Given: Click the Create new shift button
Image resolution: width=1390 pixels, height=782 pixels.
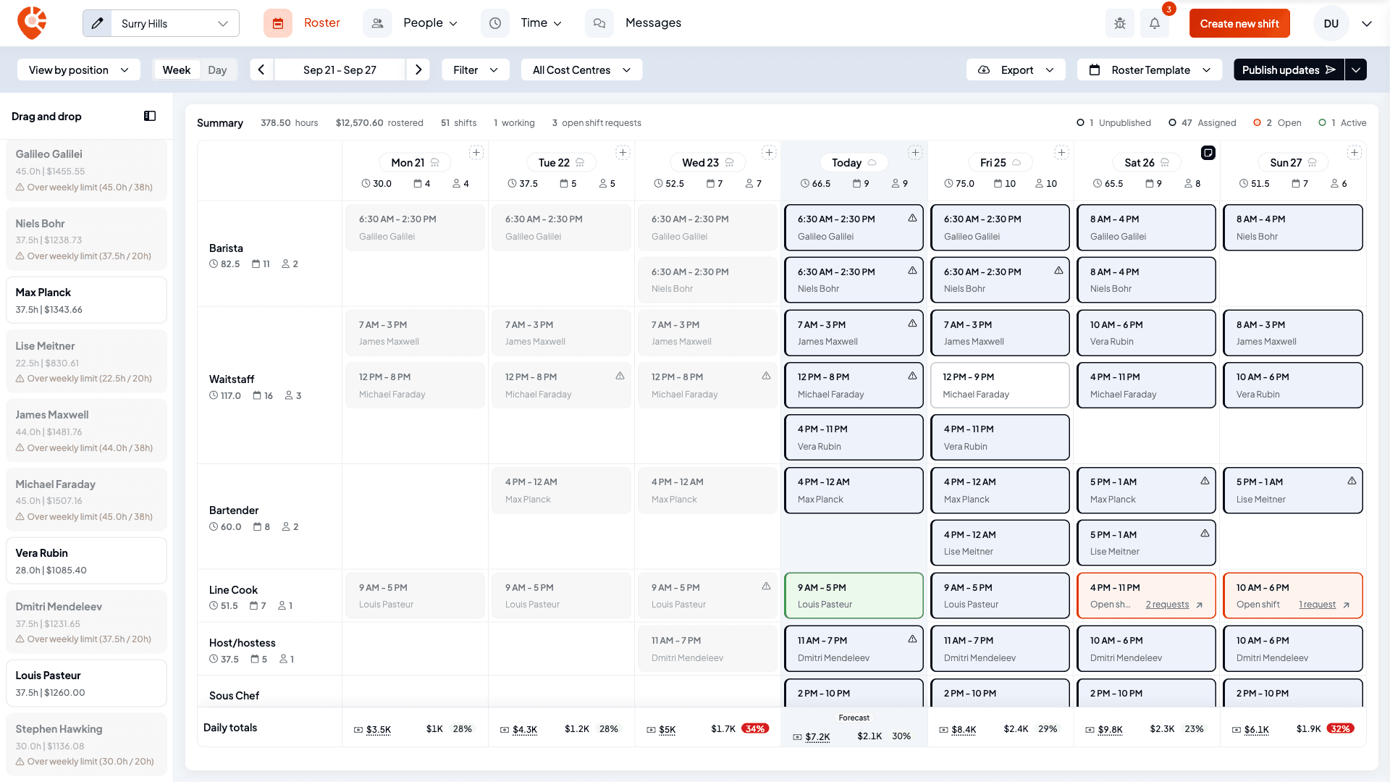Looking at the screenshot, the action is pyautogui.click(x=1239, y=23).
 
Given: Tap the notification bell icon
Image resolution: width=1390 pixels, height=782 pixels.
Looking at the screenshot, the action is pyautogui.click(x=1155, y=23).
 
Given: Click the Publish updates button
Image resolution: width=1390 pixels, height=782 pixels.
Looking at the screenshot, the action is pyautogui.click(x=1289, y=70).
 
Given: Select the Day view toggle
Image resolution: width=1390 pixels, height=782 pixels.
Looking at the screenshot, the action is pyautogui.click(x=217, y=70).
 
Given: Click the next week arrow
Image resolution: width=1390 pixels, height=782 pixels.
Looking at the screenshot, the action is pyautogui.click(x=418, y=70).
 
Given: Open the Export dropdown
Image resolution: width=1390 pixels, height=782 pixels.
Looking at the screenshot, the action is pyautogui.click(x=1016, y=70).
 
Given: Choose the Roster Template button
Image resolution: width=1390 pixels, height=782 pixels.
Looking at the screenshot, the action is pyautogui.click(x=1150, y=70).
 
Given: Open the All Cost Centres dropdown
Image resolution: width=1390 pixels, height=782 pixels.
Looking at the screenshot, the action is pyautogui.click(x=581, y=70).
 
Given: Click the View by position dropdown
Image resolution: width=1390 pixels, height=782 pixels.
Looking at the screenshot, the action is pyautogui.click(x=78, y=70).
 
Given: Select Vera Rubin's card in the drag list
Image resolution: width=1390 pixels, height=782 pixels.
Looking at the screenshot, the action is pyautogui.click(x=86, y=560).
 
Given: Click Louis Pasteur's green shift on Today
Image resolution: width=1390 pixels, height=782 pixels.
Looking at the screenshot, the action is pyautogui.click(x=854, y=595).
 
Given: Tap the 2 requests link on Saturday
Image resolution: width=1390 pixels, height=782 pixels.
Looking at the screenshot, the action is pyautogui.click(x=1167, y=605).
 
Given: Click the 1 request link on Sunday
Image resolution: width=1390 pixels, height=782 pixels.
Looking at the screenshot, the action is pyautogui.click(x=1317, y=605).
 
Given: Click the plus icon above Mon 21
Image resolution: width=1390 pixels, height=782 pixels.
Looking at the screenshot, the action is pyautogui.click(x=476, y=152).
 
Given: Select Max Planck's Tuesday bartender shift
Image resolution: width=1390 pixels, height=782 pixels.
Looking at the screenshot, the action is pyautogui.click(x=561, y=490).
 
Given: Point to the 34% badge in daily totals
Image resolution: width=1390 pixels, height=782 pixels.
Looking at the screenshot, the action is pyautogui.click(x=754, y=728).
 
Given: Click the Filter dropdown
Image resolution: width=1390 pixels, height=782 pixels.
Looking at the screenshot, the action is pyautogui.click(x=476, y=70).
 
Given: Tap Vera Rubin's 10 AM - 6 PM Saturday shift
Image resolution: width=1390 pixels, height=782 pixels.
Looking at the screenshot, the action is pyautogui.click(x=1146, y=332).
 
